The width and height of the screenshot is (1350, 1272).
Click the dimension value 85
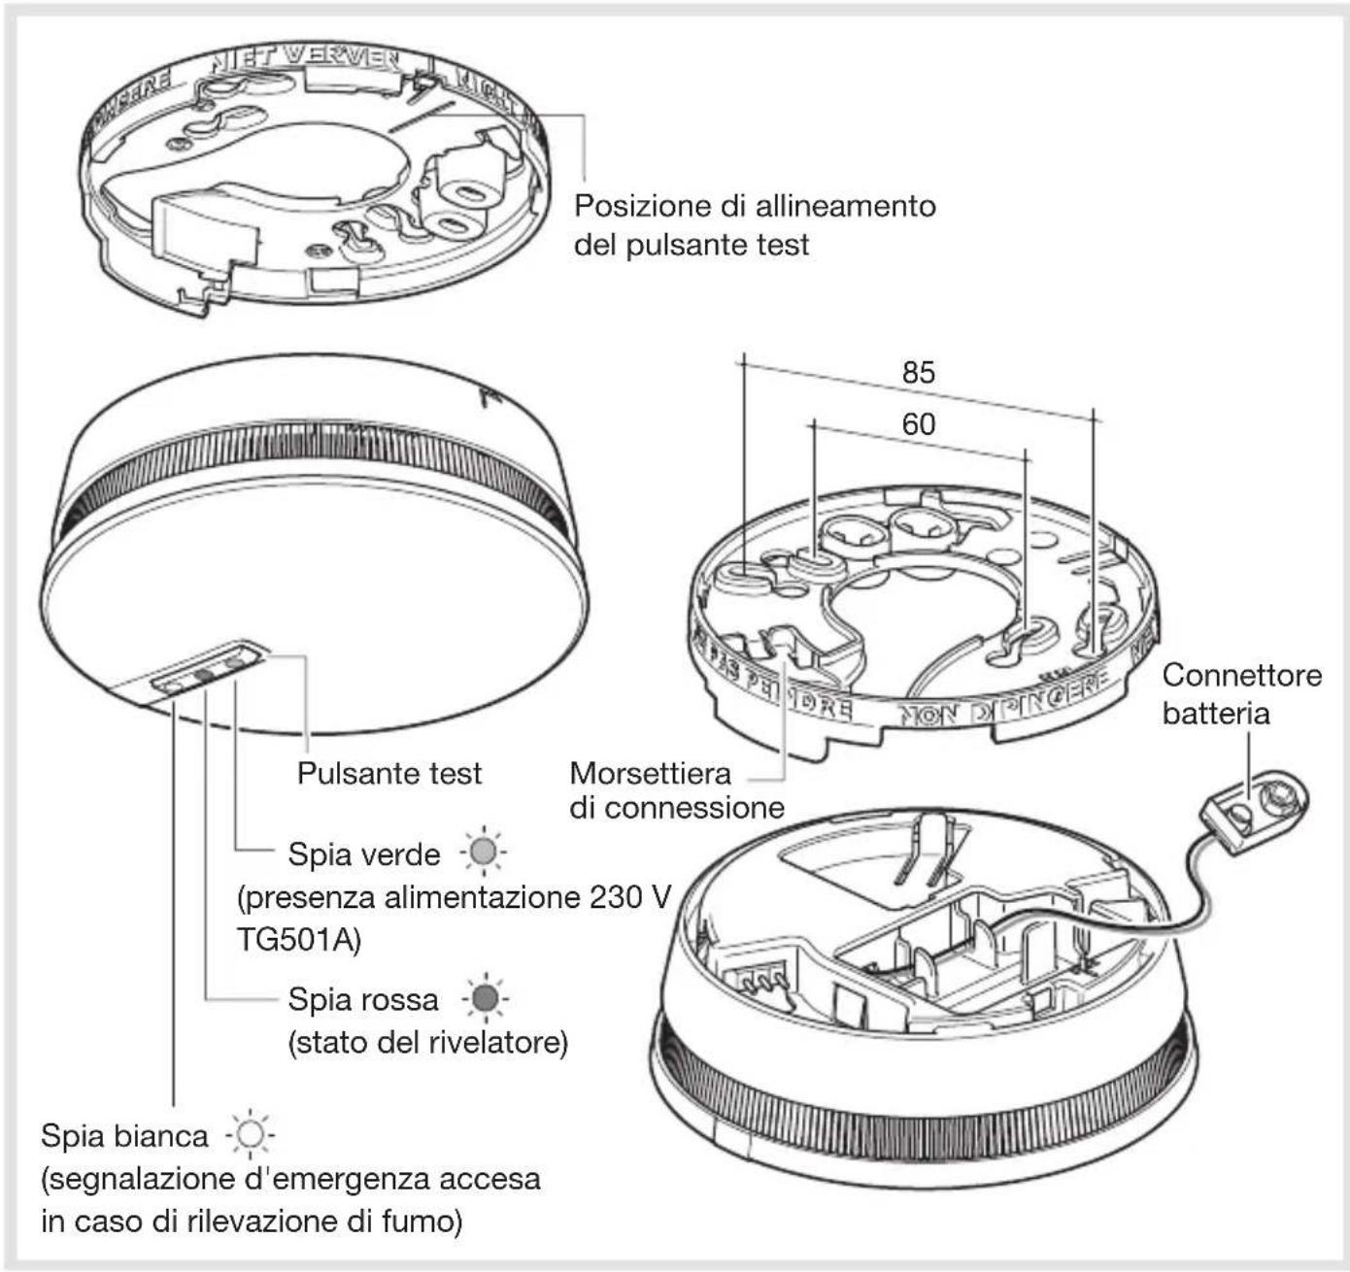tap(918, 372)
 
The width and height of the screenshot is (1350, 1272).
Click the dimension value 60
tap(918, 424)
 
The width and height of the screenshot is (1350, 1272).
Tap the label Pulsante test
tap(388, 773)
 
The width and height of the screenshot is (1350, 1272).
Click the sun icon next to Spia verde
tap(483, 853)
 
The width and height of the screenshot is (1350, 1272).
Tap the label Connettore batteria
tap(1240, 693)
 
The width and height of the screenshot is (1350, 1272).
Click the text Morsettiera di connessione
tap(676, 789)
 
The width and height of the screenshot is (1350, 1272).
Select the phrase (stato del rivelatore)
tap(427, 1043)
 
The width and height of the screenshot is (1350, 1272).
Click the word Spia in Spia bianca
tap(71, 1135)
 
